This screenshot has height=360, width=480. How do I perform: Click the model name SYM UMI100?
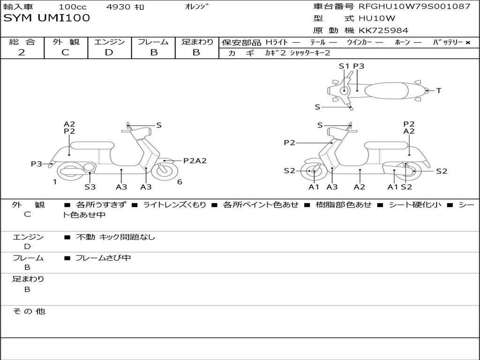click(x=46, y=18)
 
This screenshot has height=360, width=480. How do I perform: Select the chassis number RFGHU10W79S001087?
click(x=414, y=7)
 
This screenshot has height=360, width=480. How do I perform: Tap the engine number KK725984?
click(x=383, y=30)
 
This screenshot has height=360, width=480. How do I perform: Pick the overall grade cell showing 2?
click(x=22, y=52)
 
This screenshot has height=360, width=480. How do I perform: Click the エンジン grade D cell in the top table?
click(x=109, y=52)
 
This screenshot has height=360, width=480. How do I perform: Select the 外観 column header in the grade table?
click(x=66, y=42)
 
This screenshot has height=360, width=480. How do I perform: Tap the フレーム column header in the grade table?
click(x=153, y=42)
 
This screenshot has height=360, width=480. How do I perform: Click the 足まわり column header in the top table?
click(x=197, y=42)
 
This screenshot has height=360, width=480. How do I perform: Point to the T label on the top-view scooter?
click(x=439, y=91)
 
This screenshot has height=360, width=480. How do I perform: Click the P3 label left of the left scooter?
click(x=37, y=164)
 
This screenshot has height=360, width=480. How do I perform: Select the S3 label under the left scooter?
click(x=90, y=187)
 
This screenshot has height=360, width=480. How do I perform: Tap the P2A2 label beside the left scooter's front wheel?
click(x=195, y=161)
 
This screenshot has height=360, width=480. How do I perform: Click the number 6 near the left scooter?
click(x=180, y=182)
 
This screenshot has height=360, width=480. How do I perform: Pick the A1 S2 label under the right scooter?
click(x=399, y=187)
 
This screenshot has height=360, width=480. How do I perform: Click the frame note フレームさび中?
click(x=103, y=258)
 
